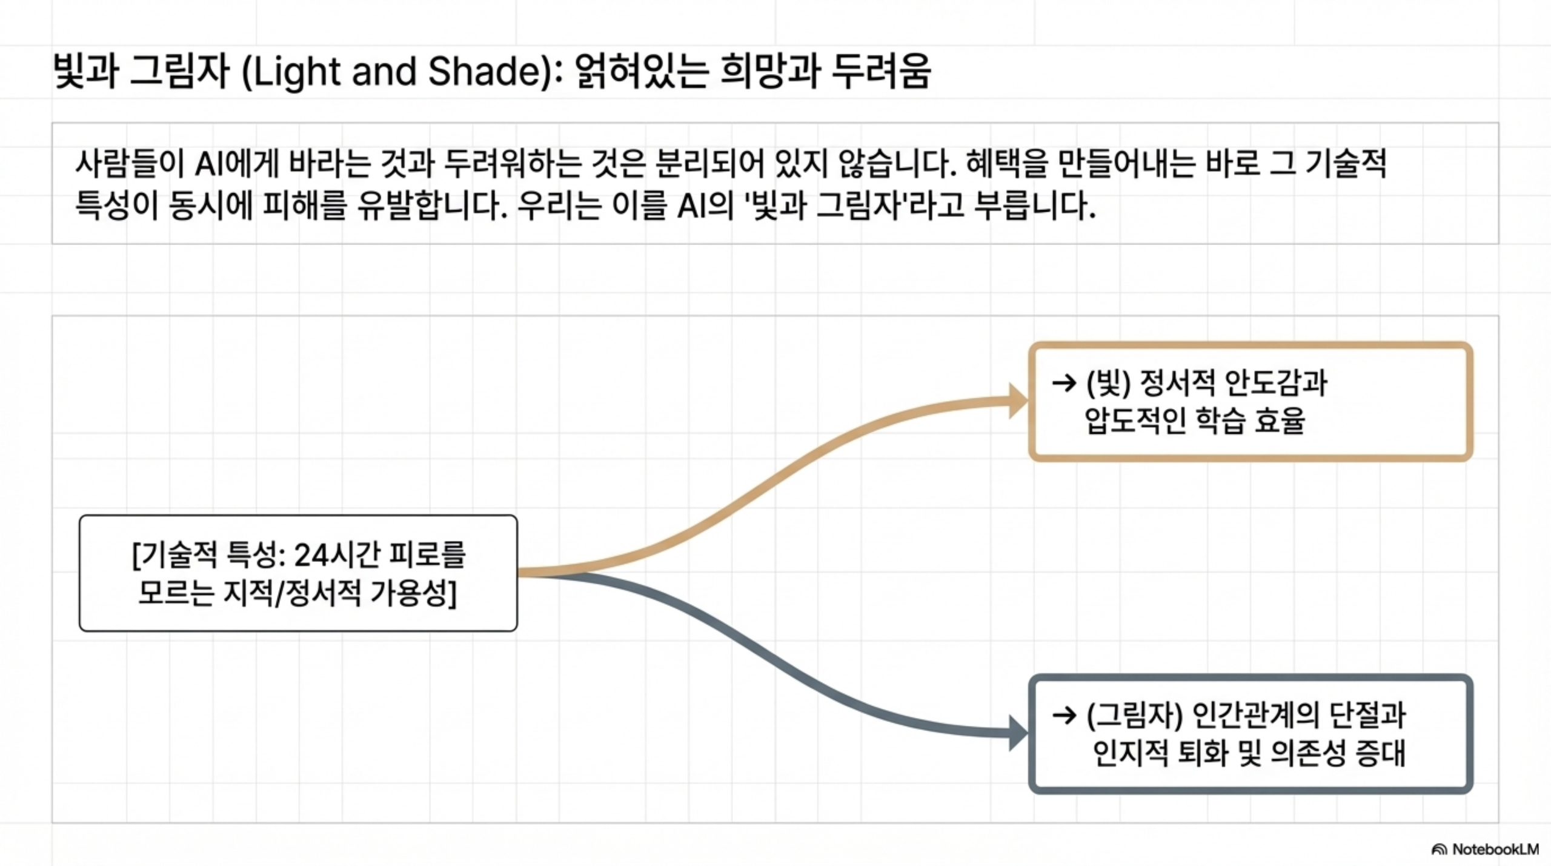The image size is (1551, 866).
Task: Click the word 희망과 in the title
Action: tap(770, 71)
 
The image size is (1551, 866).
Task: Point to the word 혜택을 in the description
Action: tap(1006, 163)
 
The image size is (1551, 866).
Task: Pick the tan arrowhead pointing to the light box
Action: tap(1018, 401)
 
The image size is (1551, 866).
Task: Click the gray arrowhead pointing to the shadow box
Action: tap(1018, 733)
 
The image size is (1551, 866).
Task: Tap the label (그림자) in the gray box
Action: tap(1134, 716)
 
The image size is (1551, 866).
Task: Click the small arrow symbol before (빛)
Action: tap(1064, 383)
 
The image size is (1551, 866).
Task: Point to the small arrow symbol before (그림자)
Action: tap(1064, 716)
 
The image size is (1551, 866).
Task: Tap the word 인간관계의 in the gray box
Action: tap(1254, 716)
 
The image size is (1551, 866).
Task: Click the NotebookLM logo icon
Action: tap(1439, 849)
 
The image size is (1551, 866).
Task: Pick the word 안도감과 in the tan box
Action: tap(1276, 383)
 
